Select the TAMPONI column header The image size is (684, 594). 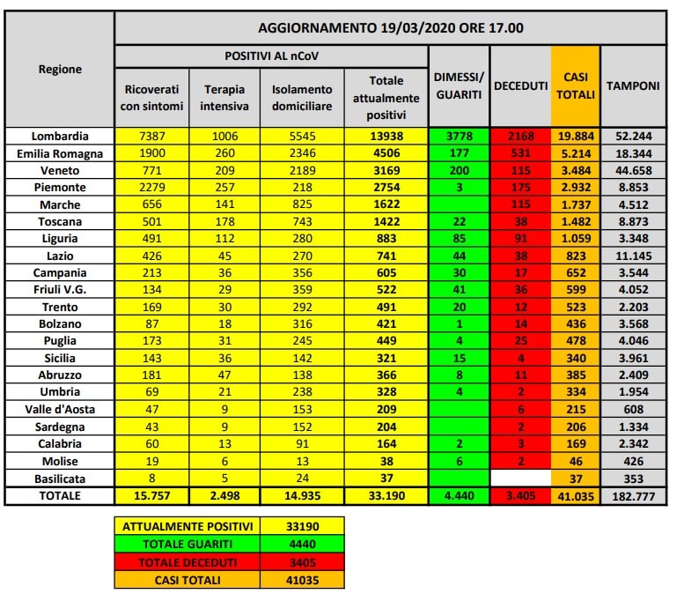click(633, 85)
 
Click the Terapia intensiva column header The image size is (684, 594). click(225, 99)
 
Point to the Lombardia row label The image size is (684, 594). click(60, 137)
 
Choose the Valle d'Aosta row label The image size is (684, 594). click(60, 410)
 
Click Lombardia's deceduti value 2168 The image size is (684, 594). click(519, 137)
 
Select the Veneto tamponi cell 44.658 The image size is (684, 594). click(633, 170)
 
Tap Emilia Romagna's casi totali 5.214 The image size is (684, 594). click(576, 153)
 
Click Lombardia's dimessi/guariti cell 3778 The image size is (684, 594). click(459, 137)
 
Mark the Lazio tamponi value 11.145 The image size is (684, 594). click(633, 256)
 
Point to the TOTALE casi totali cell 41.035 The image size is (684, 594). click(576, 495)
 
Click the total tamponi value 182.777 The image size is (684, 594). click(633, 495)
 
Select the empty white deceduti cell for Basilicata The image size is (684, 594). click(519, 478)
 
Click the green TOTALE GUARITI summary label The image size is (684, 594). click(187, 545)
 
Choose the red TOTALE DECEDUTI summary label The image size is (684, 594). click(187, 562)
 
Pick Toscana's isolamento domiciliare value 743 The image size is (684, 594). click(302, 221)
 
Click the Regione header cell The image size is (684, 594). click(60, 70)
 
